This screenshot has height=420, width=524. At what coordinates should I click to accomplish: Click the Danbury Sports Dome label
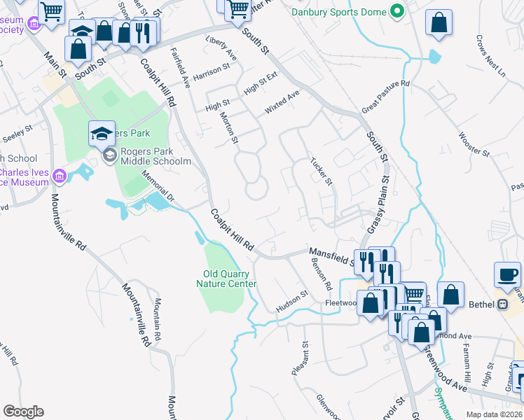point(338,11)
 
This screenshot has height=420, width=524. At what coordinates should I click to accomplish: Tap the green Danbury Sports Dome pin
point(397,11)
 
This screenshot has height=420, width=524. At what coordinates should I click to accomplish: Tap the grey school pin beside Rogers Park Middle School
point(109,155)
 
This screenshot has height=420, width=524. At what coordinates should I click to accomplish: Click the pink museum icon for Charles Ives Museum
point(60,176)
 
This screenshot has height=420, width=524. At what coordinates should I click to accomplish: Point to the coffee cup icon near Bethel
point(507,274)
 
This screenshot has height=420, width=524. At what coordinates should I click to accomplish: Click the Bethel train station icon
point(502,304)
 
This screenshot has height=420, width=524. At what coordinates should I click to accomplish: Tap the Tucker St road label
point(322,171)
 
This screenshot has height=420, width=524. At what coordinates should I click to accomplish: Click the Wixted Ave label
point(282,102)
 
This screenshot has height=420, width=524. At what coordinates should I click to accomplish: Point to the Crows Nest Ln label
point(490,55)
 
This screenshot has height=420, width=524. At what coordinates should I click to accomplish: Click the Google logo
point(23,412)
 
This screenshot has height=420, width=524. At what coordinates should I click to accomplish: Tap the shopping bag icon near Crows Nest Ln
point(439,23)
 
